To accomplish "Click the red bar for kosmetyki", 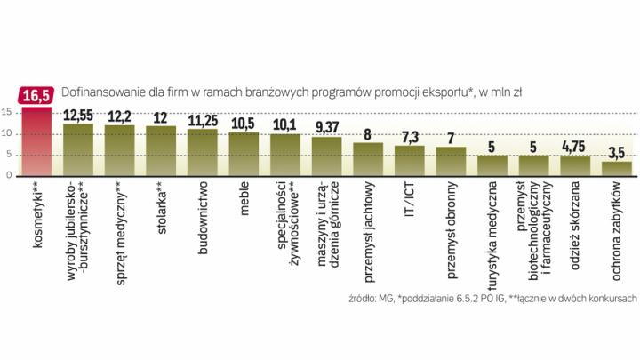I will (x=36, y=141).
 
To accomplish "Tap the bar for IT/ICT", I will (x=409, y=160).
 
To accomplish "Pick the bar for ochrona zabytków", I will (x=617, y=168).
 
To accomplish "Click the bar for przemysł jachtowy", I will (x=368, y=158).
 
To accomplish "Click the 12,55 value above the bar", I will (x=80, y=114).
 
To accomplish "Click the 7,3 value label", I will (x=410, y=136).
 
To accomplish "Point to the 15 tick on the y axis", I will (x=7, y=113).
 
